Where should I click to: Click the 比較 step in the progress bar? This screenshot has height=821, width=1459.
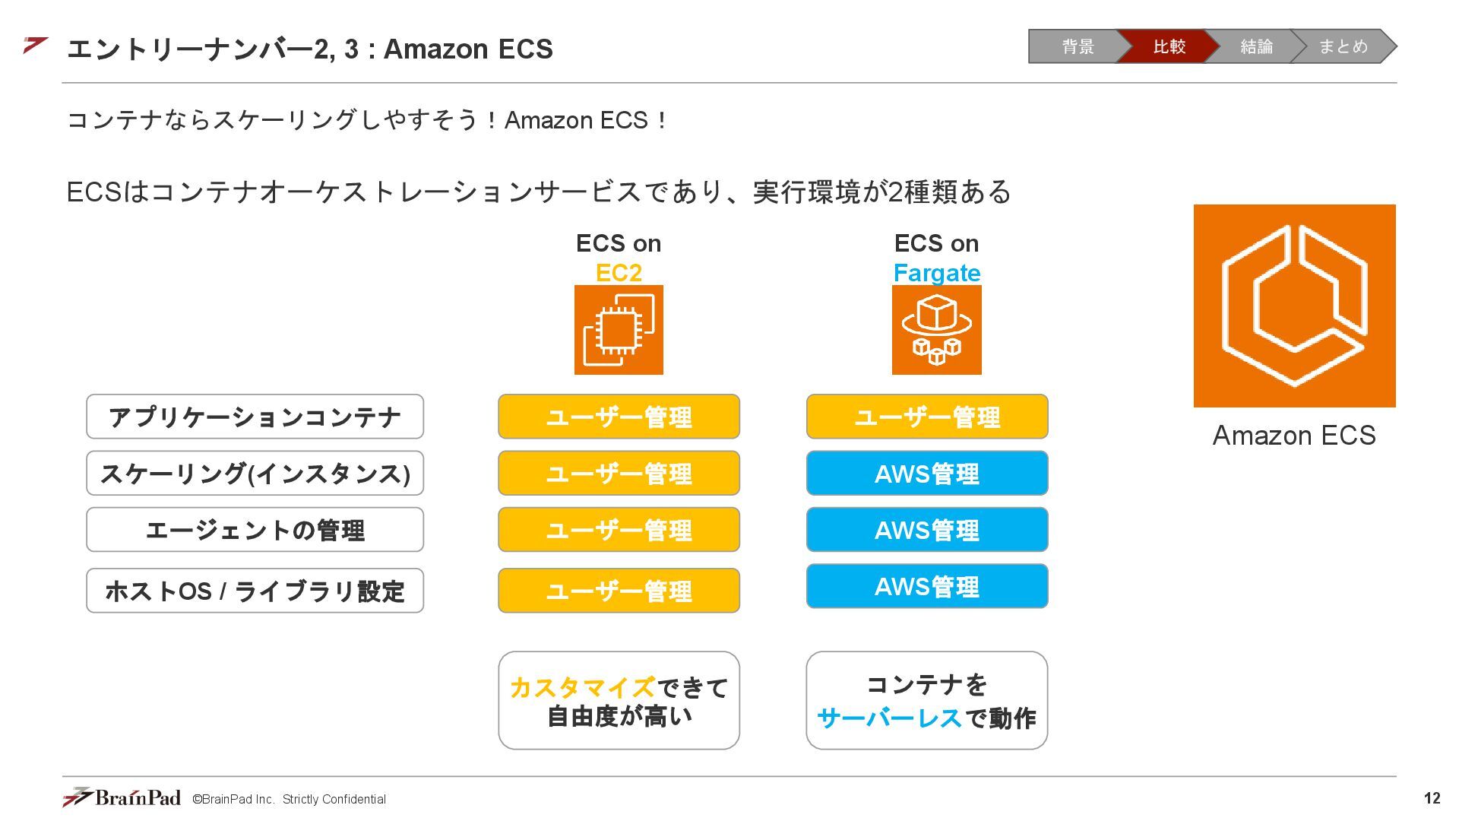click(1168, 46)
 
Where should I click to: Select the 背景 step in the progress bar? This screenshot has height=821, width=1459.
click(1077, 46)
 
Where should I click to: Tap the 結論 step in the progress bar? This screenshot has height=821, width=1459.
click(1255, 46)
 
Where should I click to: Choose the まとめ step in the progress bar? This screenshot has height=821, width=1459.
click(1343, 46)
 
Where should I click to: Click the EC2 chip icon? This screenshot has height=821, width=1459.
click(619, 330)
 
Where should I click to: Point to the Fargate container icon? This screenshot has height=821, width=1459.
click(936, 330)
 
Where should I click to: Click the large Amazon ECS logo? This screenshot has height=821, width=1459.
click(1294, 306)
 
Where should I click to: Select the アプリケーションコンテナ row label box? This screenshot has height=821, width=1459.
click(255, 417)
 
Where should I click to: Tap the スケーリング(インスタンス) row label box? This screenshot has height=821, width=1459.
click(255, 473)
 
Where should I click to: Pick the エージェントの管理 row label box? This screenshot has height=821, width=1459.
click(255, 530)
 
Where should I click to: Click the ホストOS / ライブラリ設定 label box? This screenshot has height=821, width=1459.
click(255, 591)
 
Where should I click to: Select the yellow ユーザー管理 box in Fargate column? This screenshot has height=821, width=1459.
click(926, 417)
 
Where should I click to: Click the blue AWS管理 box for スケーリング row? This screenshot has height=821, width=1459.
click(926, 473)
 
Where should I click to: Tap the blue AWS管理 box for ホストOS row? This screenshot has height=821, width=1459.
click(926, 586)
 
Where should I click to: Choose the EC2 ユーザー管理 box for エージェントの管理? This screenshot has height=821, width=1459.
click(619, 530)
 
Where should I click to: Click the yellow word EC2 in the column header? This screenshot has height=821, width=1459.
click(619, 272)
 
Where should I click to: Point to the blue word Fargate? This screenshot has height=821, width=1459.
click(936, 272)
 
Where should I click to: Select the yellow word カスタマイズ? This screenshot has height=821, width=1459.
click(581, 687)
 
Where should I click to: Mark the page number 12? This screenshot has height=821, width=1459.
click(1432, 798)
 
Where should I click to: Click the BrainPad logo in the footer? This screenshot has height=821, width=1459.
click(122, 797)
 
